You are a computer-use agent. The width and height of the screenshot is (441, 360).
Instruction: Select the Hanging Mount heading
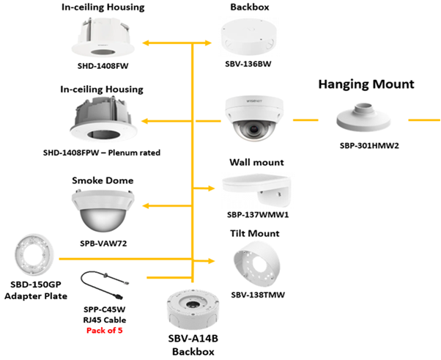click(366, 84)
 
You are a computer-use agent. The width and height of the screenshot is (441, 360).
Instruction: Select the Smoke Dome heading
click(102, 179)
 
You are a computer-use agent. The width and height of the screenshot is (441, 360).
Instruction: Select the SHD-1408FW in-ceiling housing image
click(103, 37)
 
